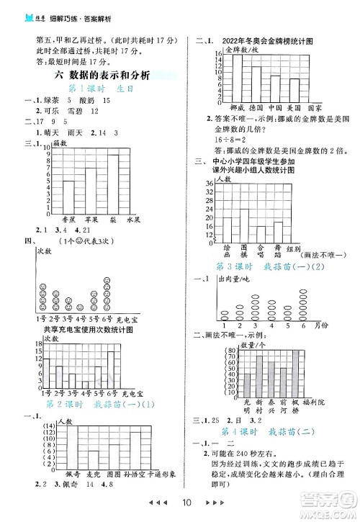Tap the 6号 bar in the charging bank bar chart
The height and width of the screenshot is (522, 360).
pos(111,369)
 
